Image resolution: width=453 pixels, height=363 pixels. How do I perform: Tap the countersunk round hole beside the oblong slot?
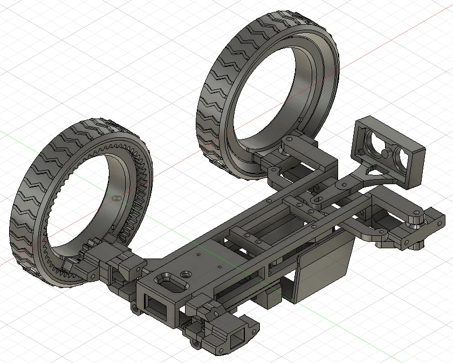click(x=186, y=274)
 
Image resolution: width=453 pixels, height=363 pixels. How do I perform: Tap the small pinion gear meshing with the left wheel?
click(x=90, y=253)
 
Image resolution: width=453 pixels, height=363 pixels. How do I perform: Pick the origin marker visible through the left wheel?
click(x=113, y=198)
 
